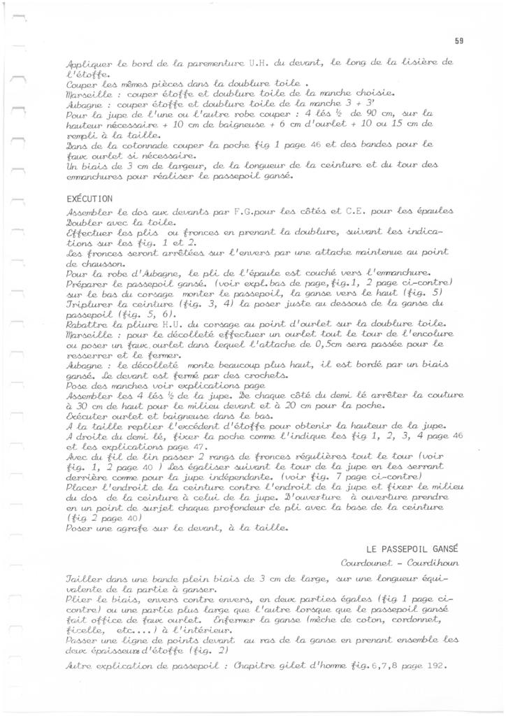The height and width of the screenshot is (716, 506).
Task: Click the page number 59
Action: (458, 41)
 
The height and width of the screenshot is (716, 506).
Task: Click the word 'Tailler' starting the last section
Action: (83, 579)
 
